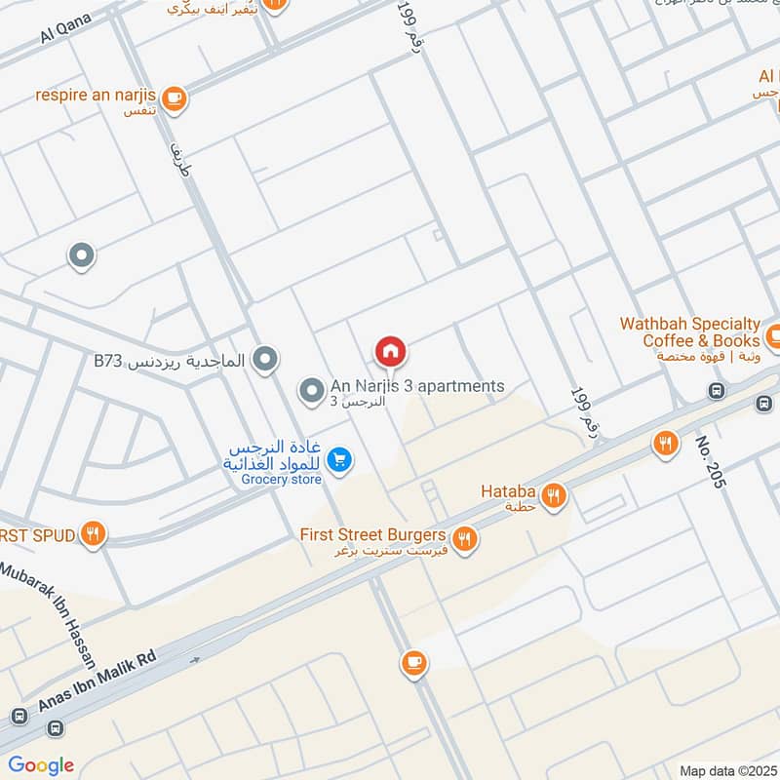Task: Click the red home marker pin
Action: [391, 351]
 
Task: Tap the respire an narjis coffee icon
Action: [174, 97]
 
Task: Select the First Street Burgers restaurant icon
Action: [465, 536]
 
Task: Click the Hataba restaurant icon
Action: [554, 494]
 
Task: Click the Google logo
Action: [41, 765]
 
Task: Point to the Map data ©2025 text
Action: [726, 770]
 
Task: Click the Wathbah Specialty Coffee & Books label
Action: [701, 332]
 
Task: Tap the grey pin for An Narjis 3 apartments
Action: [311, 392]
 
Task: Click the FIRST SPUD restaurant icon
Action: [94, 533]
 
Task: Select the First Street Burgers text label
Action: [372, 535]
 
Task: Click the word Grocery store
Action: [282, 479]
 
